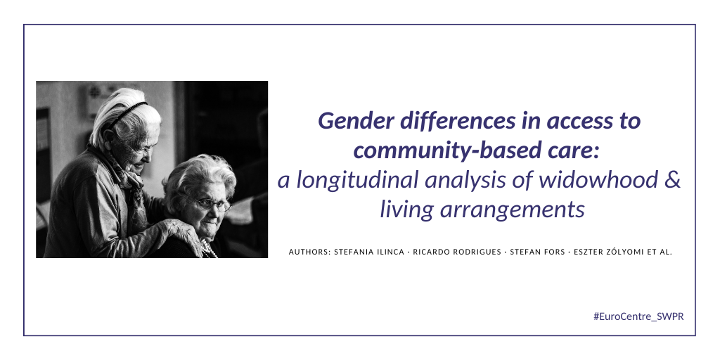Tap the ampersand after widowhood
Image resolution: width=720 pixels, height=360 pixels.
click(x=672, y=179)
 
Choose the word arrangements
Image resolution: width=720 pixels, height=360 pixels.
click(x=513, y=210)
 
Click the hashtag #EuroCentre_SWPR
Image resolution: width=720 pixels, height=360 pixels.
click(x=638, y=316)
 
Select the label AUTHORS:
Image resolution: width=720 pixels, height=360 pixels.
click(x=309, y=252)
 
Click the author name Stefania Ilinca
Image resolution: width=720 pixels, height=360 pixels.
click(x=369, y=252)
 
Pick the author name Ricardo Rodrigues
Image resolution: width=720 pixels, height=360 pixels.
click(x=457, y=252)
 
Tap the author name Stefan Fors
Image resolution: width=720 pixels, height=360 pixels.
click(x=537, y=252)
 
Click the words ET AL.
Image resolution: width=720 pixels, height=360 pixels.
click(x=660, y=252)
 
